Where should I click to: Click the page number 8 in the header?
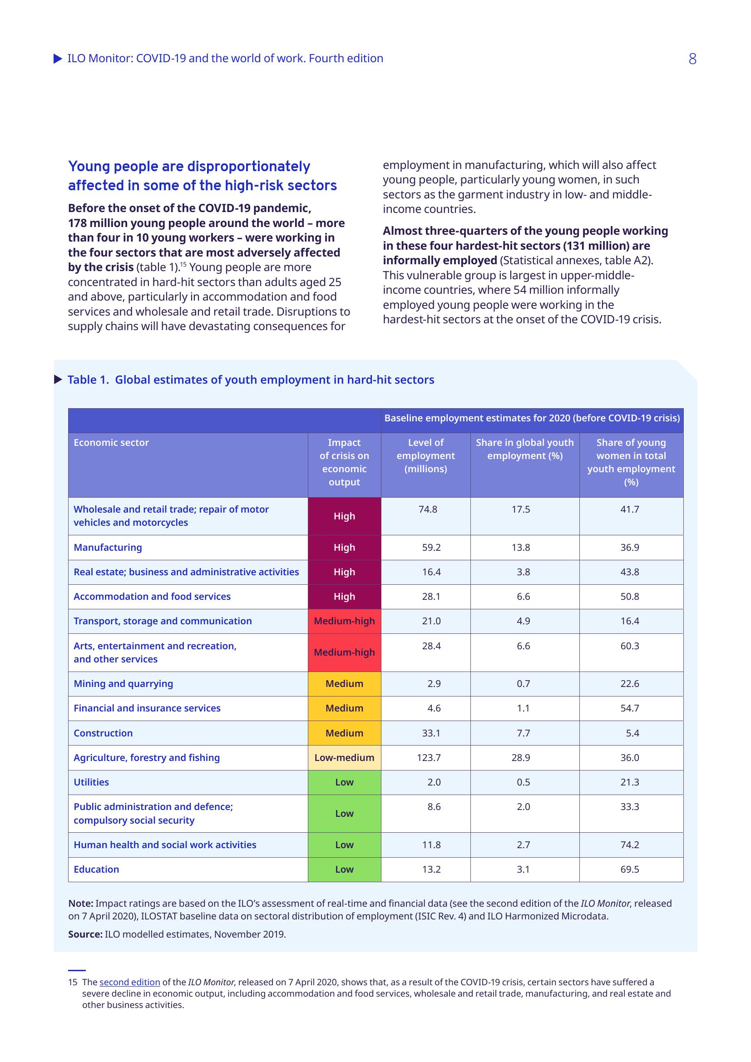(692, 59)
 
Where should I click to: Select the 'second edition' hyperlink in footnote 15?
(129, 982)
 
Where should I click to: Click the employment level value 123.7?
(428, 758)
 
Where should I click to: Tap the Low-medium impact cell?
(344, 758)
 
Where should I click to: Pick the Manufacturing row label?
(108, 548)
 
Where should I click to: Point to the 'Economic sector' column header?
(111, 443)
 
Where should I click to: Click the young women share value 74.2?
(629, 845)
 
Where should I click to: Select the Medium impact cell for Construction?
(344, 733)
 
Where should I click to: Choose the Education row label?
(96, 869)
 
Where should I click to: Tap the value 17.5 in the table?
(521, 509)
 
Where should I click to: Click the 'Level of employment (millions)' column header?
(425, 455)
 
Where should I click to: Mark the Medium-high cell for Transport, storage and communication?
(344, 621)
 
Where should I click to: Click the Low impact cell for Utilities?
(344, 782)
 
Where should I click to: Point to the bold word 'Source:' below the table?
(85, 934)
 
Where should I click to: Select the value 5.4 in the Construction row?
(632, 733)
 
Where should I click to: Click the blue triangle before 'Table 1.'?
(58, 380)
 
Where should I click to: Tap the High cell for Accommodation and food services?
(344, 597)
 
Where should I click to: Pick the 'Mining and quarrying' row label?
(123, 684)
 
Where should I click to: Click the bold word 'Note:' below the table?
(80, 904)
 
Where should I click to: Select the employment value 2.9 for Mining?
(434, 684)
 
